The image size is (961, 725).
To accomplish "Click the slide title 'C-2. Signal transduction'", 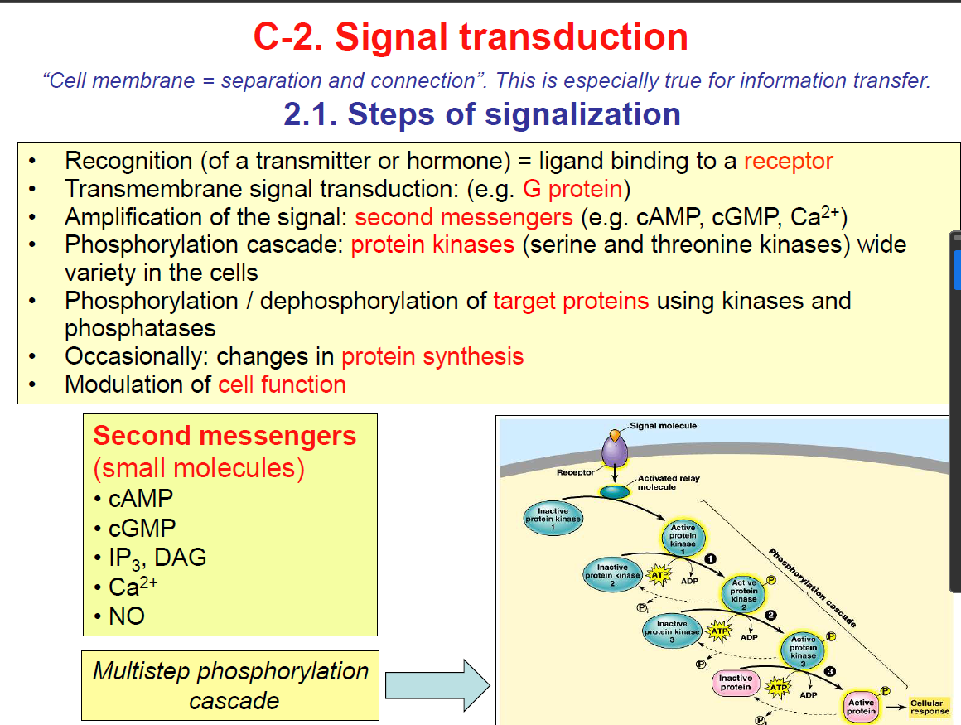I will coord(471,37).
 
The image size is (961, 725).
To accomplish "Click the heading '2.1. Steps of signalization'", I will coord(482,114).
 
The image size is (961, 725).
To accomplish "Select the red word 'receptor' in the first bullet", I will coord(788,161).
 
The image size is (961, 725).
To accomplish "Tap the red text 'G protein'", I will coord(572,189).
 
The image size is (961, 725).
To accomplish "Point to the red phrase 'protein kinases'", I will coord(432,245).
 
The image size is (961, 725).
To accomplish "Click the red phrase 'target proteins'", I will coord(571,301).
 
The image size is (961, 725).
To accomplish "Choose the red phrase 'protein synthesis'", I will coord(432,356).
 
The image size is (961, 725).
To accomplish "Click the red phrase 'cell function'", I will coord(282,384).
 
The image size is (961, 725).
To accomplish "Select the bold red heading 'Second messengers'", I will coord(225,436).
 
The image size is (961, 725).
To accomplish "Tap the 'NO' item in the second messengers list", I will coord(127,616).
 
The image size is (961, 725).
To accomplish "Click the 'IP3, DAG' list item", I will coord(157,558).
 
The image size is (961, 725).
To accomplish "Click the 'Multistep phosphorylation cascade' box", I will coord(231,685).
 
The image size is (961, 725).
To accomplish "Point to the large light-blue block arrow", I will coord(438,685).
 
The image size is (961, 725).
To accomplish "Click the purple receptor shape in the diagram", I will coord(614,454).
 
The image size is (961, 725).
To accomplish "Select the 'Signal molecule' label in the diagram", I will coord(663,426).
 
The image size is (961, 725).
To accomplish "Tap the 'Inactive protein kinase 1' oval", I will coord(553,519).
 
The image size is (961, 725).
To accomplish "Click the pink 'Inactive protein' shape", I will coord(735,683).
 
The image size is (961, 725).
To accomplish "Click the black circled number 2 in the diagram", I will coord(771,615).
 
